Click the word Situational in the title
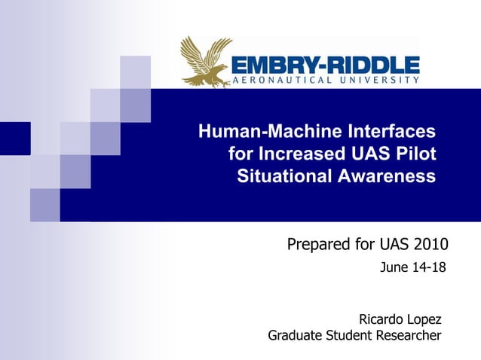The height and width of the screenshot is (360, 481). click(284, 177)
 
